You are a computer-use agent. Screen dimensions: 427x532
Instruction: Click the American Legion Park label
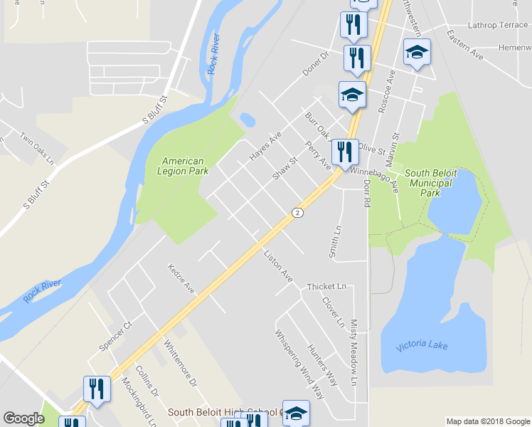[183, 166]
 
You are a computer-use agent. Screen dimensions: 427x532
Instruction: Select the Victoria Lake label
[422, 344]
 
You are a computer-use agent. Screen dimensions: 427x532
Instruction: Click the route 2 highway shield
[297, 212]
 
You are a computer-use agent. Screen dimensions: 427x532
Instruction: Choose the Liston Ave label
[277, 264]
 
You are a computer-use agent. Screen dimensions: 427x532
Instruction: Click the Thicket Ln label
[326, 287]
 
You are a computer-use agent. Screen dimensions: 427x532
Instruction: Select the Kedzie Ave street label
[181, 278]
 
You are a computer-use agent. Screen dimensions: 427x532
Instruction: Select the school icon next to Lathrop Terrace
[417, 53]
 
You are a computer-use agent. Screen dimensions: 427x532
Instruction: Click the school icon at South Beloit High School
[297, 412]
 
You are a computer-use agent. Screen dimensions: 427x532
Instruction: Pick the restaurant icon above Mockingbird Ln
[97, 389]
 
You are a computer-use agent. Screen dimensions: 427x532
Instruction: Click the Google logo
[23, 418]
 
